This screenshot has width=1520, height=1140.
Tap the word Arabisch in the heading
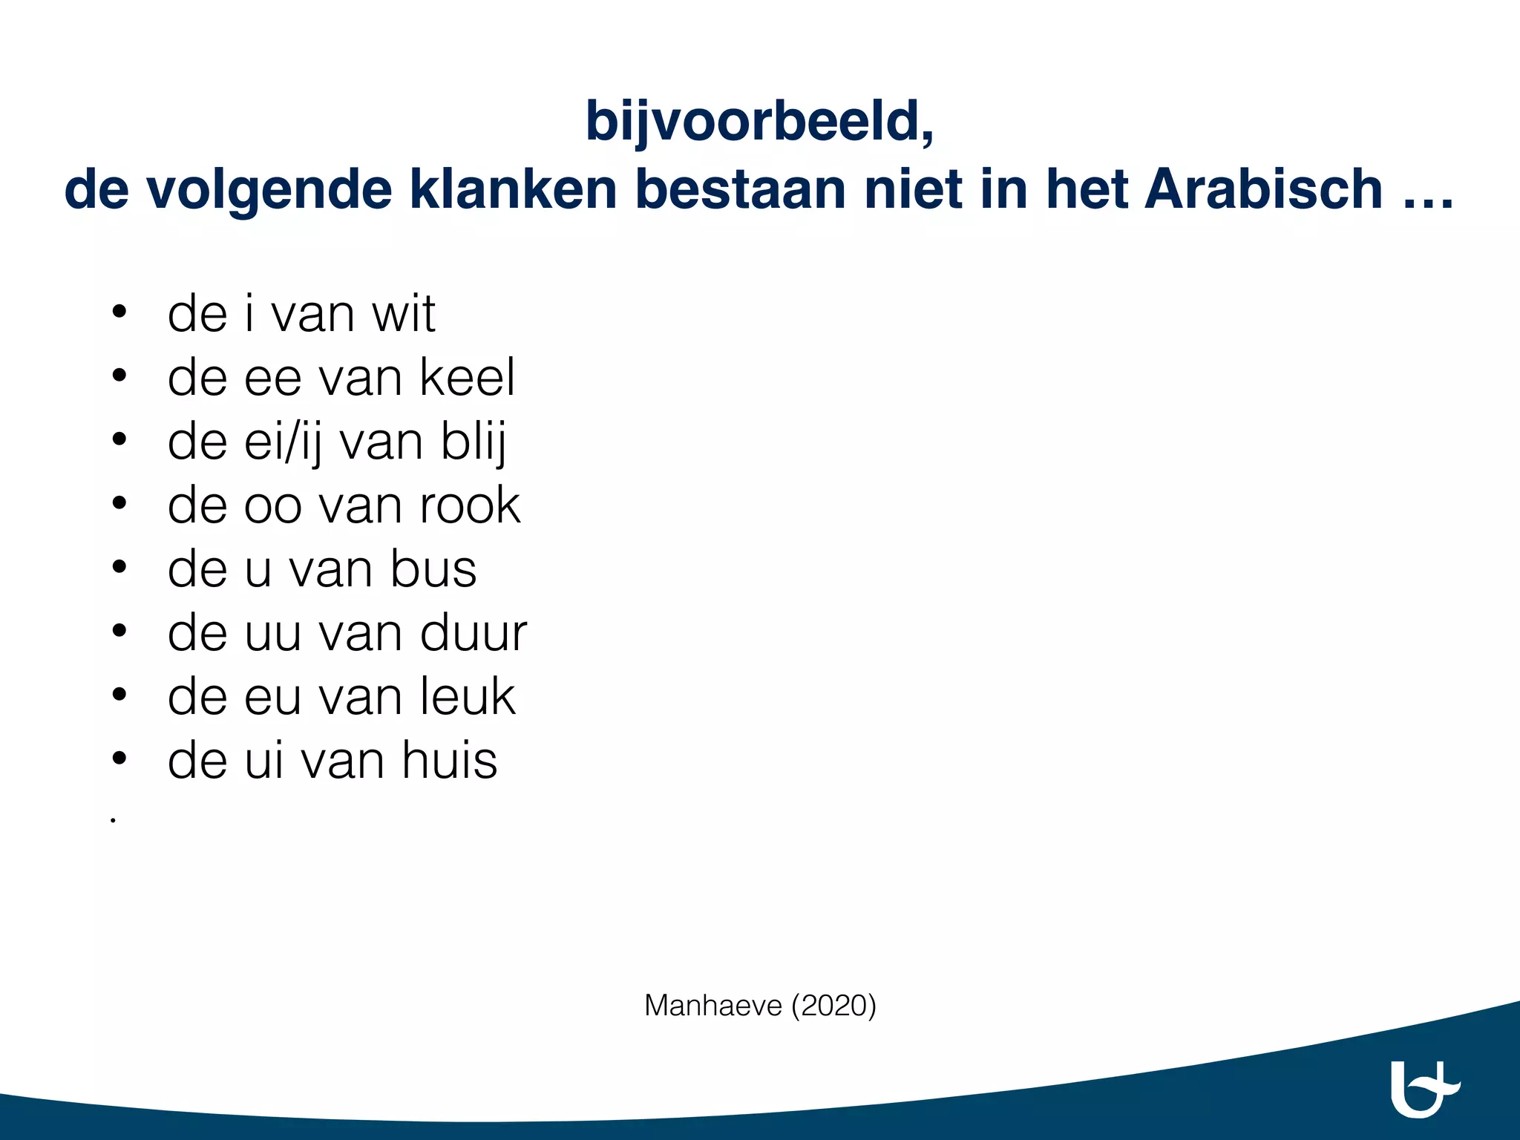[1263, 190]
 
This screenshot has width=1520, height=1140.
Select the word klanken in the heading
[513, 190]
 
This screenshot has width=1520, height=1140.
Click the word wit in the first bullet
[403, 315]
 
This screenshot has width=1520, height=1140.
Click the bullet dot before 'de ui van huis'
[119, 759]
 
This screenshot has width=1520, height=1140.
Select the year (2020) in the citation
[833, 1006]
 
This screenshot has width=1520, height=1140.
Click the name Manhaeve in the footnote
[712, 1006]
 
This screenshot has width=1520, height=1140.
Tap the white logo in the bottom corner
[1424, 1089]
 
